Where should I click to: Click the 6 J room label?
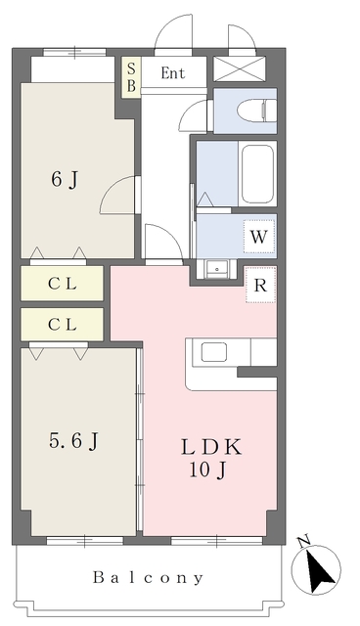click(x=65, y=180)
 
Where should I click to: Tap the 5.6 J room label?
click(x=73, y=441)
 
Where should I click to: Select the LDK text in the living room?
click(x=211, y=447)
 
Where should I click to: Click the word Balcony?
click(x=149, y=578)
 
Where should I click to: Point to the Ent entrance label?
click(x=173, y=73)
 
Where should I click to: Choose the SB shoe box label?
click(x=131, y=77)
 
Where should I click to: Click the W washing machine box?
click(x=259, y=237)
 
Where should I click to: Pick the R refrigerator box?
click(x=260, y=285)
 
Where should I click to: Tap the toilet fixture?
click(x=256, y=111)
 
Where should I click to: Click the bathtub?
click(x=258, y=173)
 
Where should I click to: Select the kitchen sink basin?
click(x=214, y=352)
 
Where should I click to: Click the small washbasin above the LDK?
click(x=217, y=269)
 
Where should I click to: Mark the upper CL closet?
click(x=63, y=284)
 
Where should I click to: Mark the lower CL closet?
click(x=63, y=324)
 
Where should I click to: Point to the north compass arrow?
click(x=321, y=572)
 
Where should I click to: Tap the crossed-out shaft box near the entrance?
click(x=239, y=68)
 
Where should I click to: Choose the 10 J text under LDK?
click(x=207, y=471)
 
